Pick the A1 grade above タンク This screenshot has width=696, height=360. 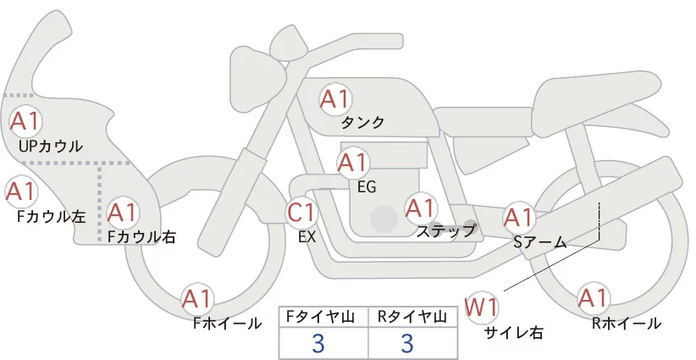click(x=334, y=99)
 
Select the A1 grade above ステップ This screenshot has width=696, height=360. click(x=421, y=207)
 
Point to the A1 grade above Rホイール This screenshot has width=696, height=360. click(x=593, y=298)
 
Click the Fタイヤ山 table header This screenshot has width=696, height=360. click(x=325, y=316)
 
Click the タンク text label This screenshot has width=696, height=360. click(x=362, y=122)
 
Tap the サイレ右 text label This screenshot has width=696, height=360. click(x=512, y=332)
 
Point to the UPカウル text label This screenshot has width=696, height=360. click(x=50, y=147)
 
